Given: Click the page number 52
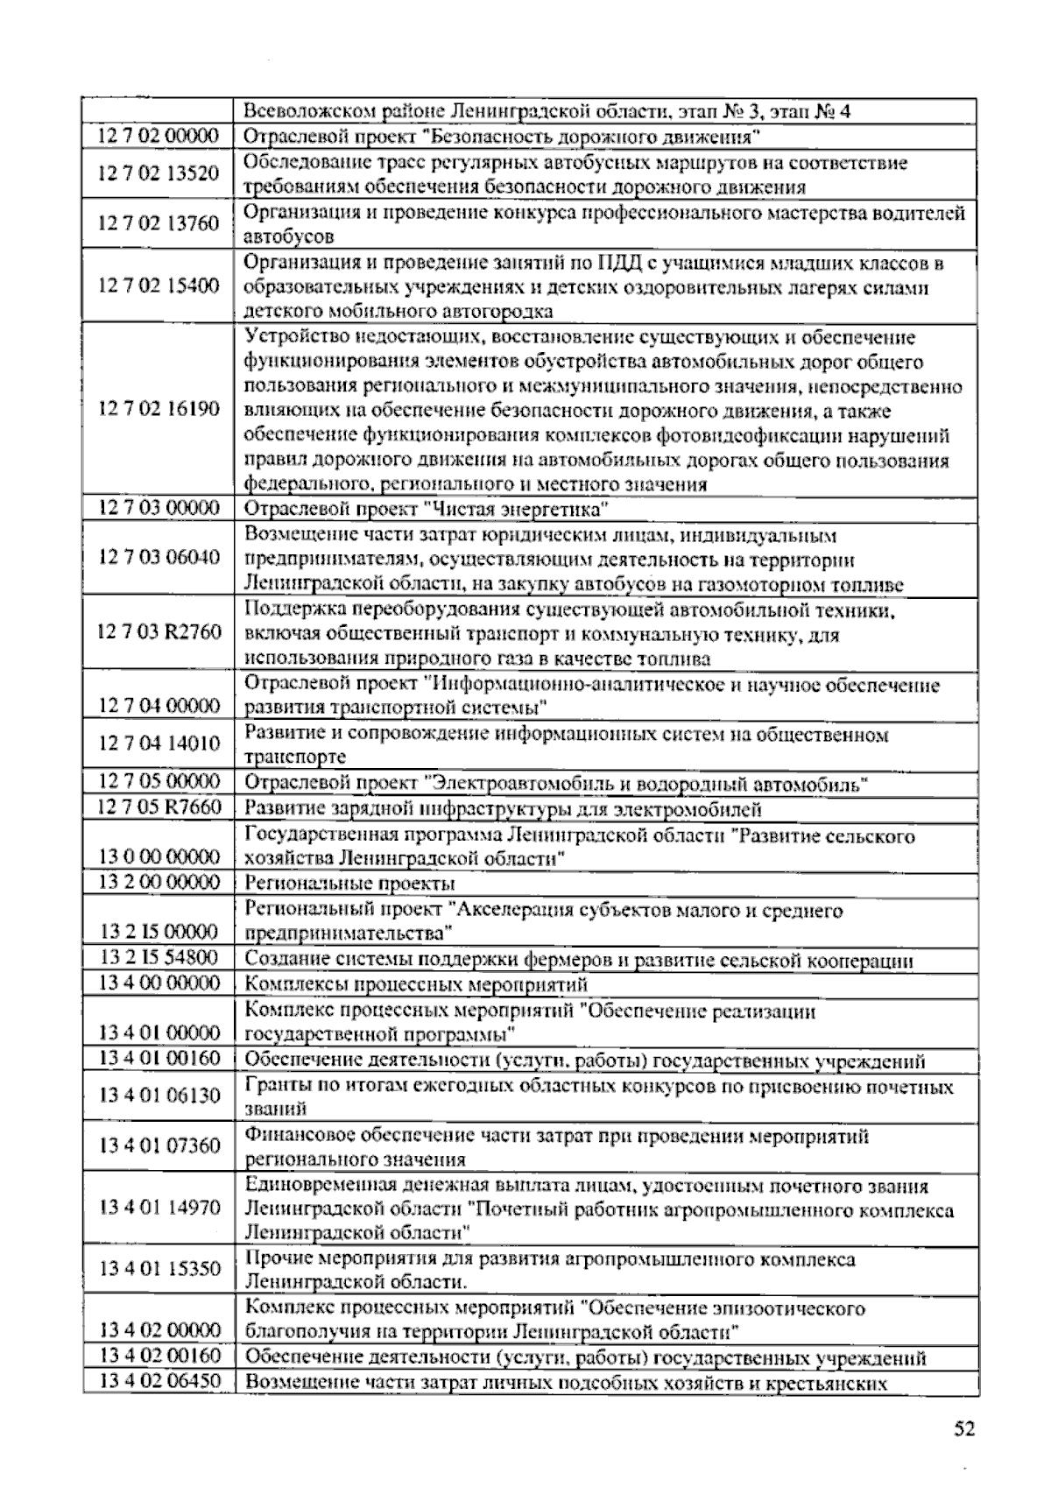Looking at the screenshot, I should tap(963, 1430).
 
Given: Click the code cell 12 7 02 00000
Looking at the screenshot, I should tap(159, 137).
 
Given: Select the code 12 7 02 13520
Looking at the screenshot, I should tap(159, 173).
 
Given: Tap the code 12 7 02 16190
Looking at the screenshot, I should tap(159, 409).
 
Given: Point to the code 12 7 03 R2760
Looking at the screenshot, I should tap(159, 632).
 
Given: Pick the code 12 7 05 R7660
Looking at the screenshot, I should tap(159, 807).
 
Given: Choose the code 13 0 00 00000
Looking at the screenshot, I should tap(159, 856).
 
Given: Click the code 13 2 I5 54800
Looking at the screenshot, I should tap(159, 957).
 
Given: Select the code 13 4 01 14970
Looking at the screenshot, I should tap(159, 1208).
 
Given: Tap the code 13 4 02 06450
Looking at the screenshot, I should tap(159, 1382).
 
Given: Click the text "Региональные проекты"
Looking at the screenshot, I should tap(349, 884).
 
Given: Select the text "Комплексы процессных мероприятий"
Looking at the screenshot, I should tap(415, 984).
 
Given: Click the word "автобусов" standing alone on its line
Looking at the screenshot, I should tap(288, 236).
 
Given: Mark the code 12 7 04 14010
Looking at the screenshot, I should tap(159, 744).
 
